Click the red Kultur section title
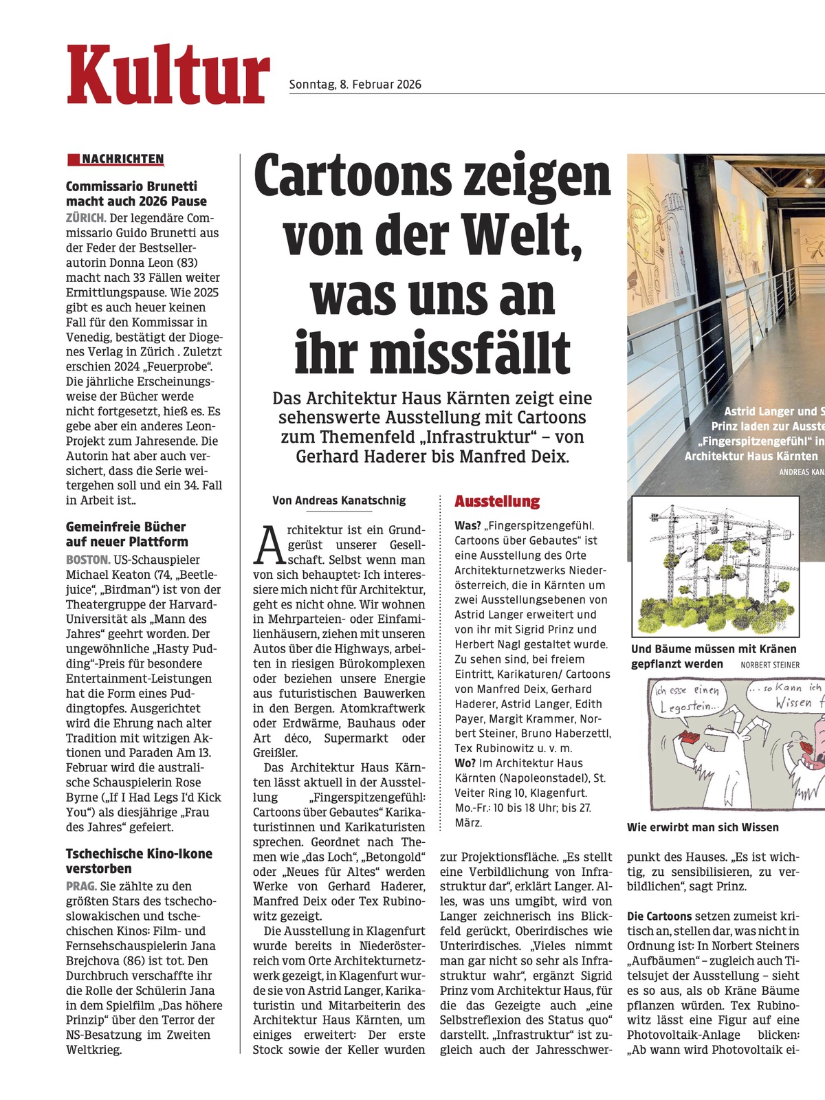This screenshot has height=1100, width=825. click(x=168, y=74)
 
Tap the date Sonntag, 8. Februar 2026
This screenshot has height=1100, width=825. click(x=355, y=85)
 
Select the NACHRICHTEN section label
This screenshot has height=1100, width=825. click(x=122, y=159)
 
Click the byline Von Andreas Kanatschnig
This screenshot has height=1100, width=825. click(x=339, y=500)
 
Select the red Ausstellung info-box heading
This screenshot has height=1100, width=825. click(x=497, y=501)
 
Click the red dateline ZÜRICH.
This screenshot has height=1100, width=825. click(x=85, y=218)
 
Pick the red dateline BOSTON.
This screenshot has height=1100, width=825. click(x=88, y=560)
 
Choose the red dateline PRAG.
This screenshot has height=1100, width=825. click(x=80, y=886)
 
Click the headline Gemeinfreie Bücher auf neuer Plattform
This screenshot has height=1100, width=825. click(x=126, y=534)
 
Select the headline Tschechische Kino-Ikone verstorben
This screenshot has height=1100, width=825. click(x=139, y=861)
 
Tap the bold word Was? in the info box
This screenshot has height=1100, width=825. click(x=467, y=526)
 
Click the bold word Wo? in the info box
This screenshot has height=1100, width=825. click(x=465, y=763)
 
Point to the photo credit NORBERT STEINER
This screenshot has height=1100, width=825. click(x=770, y=665)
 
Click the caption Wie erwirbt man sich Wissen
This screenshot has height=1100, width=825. click(x=703, y=827)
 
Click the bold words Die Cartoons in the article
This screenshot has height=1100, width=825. click(x=659, y=916)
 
